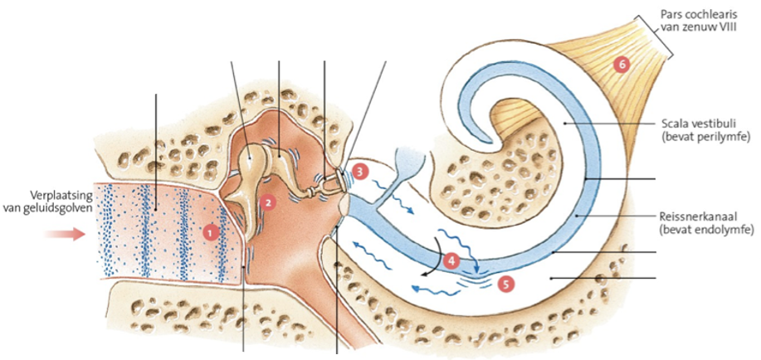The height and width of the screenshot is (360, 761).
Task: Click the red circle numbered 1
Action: point(211,233)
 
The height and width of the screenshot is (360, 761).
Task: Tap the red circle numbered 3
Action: point(359,171)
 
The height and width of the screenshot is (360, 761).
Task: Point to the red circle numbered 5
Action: point(507,282)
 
